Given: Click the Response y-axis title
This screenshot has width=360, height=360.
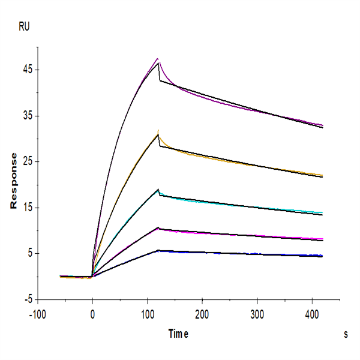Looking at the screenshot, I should point(13,180).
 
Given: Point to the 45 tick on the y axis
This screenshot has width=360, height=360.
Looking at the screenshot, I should point(27,70).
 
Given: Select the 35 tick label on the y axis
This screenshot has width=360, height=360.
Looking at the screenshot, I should point(27,116).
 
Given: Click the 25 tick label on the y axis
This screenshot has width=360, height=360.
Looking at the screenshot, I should point(27,162).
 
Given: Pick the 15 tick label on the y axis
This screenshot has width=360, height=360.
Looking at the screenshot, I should point(27,208).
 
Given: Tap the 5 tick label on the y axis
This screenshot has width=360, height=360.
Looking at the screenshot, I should point(29,254).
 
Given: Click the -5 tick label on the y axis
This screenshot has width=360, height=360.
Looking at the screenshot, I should point(26,300).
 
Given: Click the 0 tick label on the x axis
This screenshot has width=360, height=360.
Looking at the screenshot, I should point(92,313).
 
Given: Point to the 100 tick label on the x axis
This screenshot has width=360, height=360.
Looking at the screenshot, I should point(147,313).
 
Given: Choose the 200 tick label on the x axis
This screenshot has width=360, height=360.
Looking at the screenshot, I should point(202,313).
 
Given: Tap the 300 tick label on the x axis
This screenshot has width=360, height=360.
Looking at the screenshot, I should point(257,313).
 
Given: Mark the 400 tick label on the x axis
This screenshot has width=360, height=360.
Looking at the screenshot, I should point(312,313).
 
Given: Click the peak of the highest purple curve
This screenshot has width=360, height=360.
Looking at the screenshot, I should point(158,59).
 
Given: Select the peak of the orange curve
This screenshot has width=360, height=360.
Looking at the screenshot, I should point(158,131).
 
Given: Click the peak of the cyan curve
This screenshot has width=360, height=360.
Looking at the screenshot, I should point(158,189).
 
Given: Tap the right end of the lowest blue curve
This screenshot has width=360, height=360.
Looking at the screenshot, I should point(323,256).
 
